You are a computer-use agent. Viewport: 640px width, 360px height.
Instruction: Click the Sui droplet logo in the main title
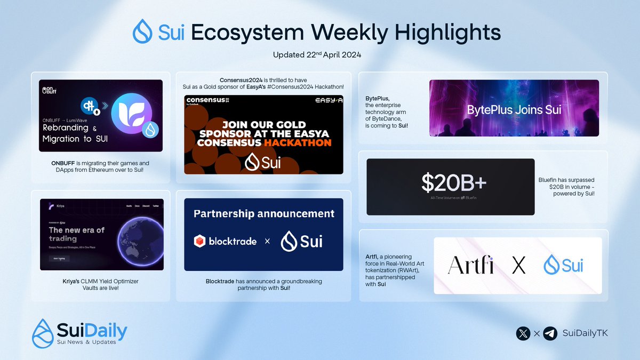pos(143,31)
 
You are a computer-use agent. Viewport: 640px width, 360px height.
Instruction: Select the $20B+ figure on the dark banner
pos(454,183)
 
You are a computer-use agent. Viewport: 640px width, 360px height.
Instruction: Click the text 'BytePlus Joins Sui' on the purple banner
pos(514,110)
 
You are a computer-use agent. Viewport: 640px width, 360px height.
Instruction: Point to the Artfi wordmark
pos(470,265)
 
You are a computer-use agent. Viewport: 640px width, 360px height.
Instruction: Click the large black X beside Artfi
pos(518,265)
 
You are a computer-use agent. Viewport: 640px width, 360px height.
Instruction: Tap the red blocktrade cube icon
pos(200,242)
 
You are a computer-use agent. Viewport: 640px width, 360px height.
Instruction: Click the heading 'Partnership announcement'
pos(263,214)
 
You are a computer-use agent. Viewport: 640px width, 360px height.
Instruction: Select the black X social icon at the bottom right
pos(524,333)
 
